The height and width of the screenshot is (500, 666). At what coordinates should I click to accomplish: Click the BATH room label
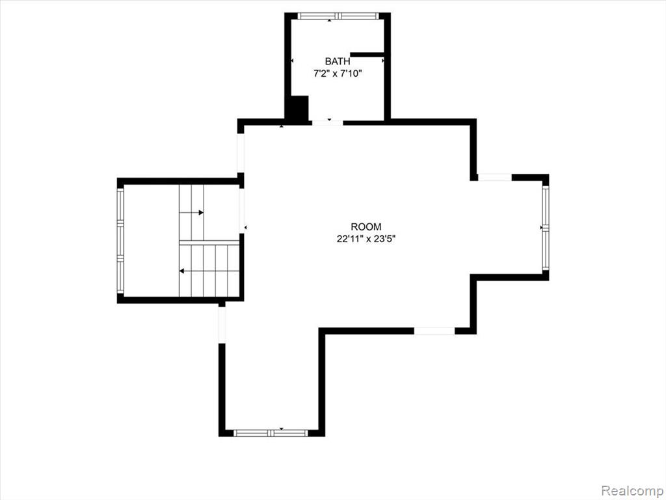coord(338,61)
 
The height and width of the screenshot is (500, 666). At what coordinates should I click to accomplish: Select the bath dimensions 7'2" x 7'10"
coord(338,74)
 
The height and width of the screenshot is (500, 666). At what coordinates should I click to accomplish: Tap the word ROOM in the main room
coord(366,227)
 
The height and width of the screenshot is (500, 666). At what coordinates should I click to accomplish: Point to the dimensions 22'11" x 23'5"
coord(366,239)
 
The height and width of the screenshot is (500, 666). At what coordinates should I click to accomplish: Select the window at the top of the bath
coord(338,16)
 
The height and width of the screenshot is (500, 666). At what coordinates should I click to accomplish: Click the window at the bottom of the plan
coord(271,433)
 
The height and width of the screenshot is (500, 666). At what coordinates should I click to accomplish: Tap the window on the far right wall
coord(546,229)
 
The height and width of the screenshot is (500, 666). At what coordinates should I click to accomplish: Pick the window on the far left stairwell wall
coord(120,241)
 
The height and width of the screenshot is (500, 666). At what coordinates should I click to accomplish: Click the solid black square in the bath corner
coord(299,109)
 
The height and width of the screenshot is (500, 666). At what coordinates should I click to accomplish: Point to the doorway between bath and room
coord(328,123)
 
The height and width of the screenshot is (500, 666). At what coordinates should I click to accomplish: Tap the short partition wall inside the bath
coord(367,54)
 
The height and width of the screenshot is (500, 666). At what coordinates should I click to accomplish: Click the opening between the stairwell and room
coord(242,210)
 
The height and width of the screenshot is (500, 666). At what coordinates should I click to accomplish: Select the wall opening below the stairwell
coord(222,324)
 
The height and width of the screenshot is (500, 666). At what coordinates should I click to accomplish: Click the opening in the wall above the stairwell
coord(241,153)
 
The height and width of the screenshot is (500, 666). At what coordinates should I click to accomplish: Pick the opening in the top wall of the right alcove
coord(495,177)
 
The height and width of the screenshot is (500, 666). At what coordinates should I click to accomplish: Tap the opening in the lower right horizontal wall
coord(434,331)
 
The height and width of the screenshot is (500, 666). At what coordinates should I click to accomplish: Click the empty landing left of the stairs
coord(151,241)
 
